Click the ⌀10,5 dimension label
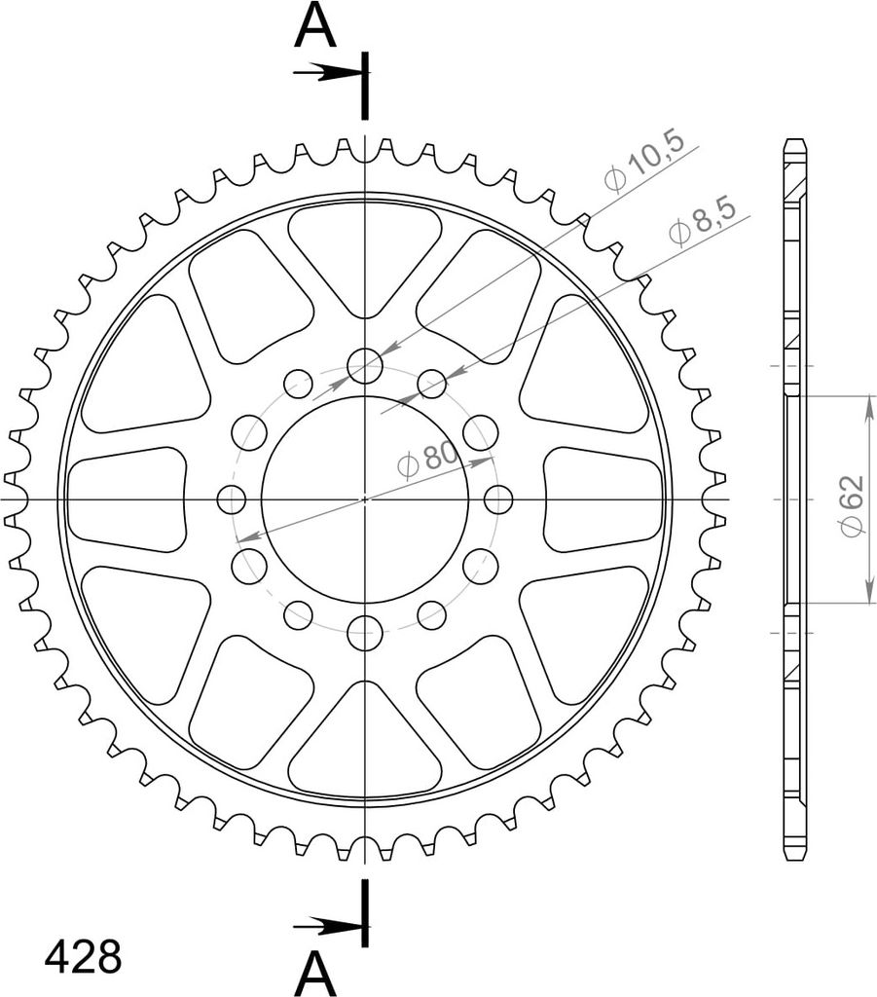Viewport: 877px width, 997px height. click(643, 162)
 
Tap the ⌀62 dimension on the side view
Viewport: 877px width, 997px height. click(852, 505)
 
